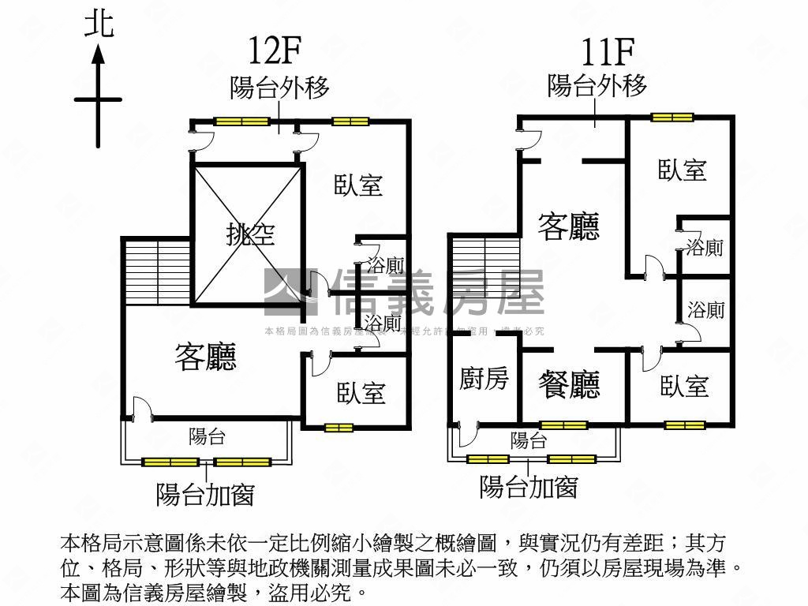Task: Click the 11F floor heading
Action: coord(608,51)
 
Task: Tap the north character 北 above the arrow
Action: coord(99,24)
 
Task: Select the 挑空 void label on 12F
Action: coord(250,234)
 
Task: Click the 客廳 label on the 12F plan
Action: coord(205,357)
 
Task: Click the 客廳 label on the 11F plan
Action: coord(568,226)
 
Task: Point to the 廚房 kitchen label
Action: coord(484,380)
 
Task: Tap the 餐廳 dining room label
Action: coord(569,384)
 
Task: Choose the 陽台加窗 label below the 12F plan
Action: coord(205,495)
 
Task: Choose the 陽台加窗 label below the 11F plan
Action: coord(529,487)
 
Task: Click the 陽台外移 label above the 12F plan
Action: coord(279,88)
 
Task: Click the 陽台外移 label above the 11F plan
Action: coord(597,84)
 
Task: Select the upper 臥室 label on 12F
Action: coord(358,185)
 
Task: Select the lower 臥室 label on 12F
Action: coord(361,392)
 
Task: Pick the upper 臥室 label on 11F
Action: coord(683,170)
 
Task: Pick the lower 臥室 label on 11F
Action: coord(684,386)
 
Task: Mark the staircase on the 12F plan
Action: coord(157,270)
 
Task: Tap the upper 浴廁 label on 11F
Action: coord(705,247)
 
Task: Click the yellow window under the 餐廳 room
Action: coord(564,425)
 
